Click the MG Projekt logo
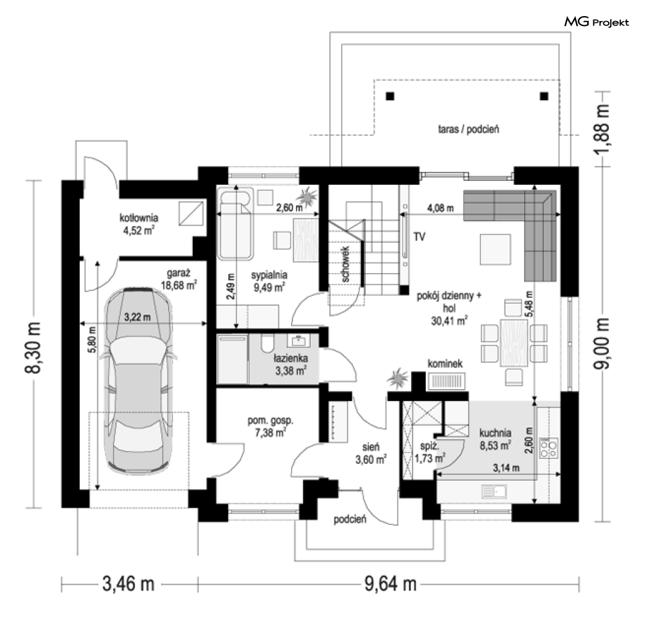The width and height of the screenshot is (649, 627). (x=596, y=22)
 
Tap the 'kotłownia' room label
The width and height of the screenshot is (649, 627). (x=138, y=217)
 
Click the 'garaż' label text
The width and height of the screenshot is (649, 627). (x=179, y=274)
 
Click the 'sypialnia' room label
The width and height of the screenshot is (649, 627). (x=269, y=275)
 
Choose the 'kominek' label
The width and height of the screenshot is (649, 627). (x=445, y=364)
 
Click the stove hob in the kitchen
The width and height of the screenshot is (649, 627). (x=548, y=448)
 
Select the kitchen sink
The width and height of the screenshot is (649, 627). (x=494, y=492)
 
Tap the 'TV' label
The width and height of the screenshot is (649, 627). (x=419, y=237)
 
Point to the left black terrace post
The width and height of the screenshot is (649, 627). (x=390, y=96)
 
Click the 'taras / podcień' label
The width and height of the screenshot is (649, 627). (x=469, y=129)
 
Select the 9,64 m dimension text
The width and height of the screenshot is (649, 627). (x=390, y=584)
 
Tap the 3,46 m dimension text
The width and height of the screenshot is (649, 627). (x=129, y=584)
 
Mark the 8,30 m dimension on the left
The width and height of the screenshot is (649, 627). (x=33, y=347)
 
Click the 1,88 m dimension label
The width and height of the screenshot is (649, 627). (x=602, y=129)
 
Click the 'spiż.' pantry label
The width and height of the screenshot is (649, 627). (x=429, y=446)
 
